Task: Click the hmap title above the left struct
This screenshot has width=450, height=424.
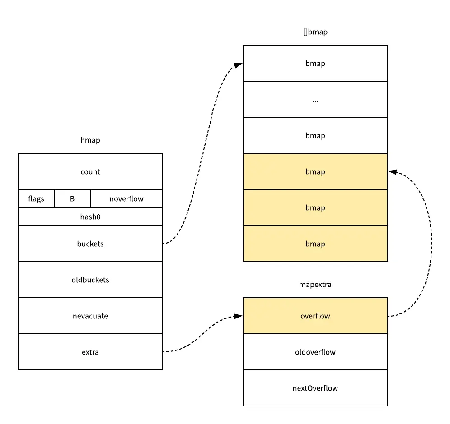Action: click(90, 140)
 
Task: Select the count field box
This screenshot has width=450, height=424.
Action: click(90, 171)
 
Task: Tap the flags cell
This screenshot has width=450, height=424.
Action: click(36, 198)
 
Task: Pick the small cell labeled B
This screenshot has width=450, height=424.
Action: click(72, 198)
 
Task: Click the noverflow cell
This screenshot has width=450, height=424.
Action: click(126, 198)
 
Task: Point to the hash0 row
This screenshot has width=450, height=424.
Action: click(90, 217)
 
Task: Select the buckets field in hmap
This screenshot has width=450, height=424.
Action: click(90, 244)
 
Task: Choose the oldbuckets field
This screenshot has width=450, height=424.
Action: click(90, 280)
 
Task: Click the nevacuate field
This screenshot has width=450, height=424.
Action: click(90, 316)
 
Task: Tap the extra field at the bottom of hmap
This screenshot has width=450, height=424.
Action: click(90, 352)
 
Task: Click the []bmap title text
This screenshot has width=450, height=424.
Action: click(315, 32)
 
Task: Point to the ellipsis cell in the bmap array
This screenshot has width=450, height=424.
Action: click(315, 99)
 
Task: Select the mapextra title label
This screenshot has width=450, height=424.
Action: click(315, 285)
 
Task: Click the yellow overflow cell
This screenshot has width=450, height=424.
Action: click(315, 316)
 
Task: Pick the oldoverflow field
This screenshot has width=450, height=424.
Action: click(315, 352)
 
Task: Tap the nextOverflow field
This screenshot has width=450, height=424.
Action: click(315, 388)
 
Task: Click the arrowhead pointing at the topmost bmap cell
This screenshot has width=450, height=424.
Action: click(239, 65)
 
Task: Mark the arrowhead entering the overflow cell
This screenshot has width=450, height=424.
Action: click(239, 316)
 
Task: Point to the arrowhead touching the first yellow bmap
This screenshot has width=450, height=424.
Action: click(392, 172)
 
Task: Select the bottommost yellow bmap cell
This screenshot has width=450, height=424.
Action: click(315, 244)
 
